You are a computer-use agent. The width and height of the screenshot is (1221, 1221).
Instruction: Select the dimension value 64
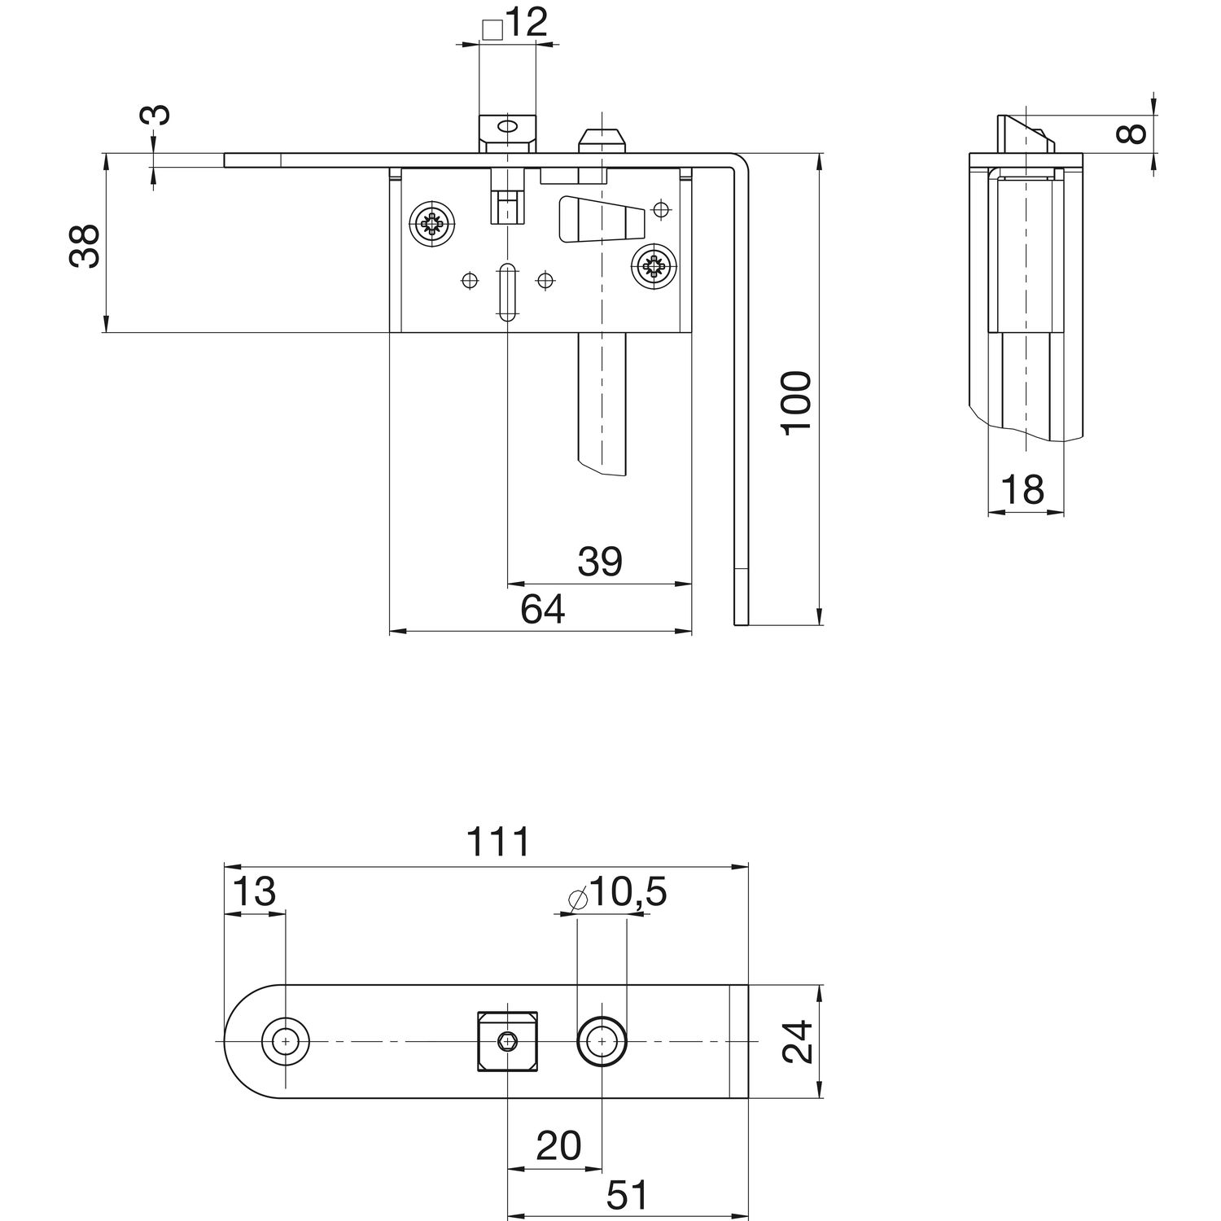543,609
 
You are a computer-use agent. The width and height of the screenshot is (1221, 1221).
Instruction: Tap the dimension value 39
600,562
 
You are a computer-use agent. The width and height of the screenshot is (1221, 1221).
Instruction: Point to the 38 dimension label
84,246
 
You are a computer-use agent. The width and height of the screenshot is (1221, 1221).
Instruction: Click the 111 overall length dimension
498,842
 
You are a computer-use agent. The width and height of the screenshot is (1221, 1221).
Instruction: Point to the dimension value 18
1022,491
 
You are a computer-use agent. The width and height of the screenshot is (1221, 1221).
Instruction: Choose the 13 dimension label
254,892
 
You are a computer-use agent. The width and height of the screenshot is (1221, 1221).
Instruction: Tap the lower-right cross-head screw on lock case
655,265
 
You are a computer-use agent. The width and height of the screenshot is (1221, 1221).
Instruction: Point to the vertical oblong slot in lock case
505,291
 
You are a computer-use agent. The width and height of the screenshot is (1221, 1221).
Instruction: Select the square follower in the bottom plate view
507,1041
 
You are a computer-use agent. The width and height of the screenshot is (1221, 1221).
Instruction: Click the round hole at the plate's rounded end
286,1041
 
